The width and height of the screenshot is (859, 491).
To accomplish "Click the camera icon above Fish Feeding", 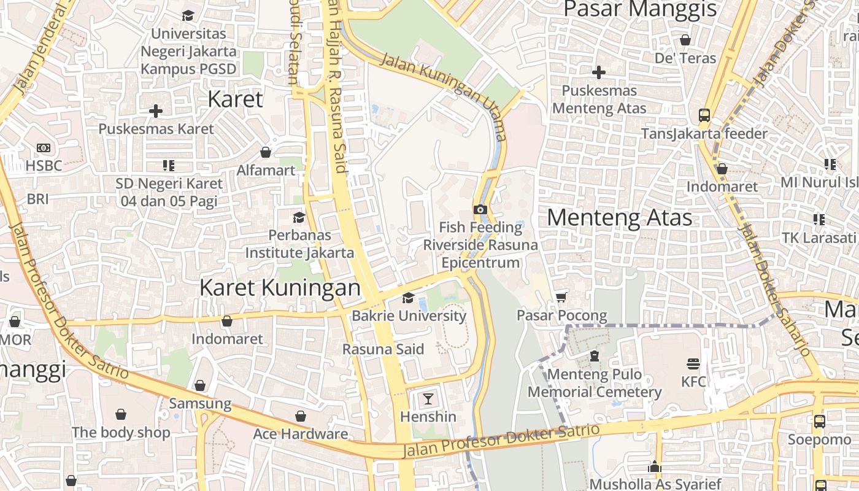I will (x=480, y=209).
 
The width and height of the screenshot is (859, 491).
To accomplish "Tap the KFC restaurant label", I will (x=693, y=382).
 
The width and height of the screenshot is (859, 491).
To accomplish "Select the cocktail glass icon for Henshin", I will (x=428, y=399).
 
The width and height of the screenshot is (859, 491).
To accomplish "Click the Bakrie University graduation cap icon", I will (x=408, y=298).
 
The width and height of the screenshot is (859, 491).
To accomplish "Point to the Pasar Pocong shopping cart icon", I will (x=561, y=298).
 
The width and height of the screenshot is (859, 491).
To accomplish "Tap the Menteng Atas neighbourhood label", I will (x=619, y=218).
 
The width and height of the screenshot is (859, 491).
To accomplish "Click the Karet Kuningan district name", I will (x=280, y=288).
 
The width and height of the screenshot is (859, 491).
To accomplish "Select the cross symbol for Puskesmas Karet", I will (x=156, y=111).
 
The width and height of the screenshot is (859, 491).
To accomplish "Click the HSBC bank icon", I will (x=44, y=148).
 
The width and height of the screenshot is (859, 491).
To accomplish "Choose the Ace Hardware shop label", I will (x=301, y=434).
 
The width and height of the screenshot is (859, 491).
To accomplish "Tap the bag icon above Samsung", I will (x=200, y=385).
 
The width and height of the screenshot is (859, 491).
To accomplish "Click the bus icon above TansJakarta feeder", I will (x=704, y=115).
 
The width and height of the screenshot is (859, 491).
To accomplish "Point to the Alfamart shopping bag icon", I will (x=266, y=152).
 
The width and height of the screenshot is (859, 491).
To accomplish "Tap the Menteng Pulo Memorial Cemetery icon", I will (x=594, y=356).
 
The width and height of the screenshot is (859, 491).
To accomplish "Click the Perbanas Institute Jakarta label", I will (x=299, y=244).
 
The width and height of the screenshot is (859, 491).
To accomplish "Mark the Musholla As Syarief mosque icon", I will (x=655, y=466).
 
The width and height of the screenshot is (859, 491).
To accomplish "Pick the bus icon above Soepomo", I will (x=819, y=422).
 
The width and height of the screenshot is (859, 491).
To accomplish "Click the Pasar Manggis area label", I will (x=640, y=9).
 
